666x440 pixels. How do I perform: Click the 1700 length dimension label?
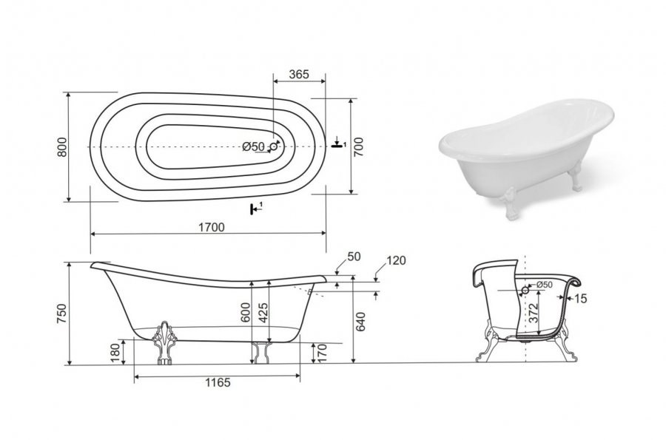(x=212, y=227)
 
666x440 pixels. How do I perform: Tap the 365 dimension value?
(x=299, y=74)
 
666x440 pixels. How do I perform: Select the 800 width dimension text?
(x=62, y=147)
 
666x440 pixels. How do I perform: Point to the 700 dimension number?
(x=359, y=147)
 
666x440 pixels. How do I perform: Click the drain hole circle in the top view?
(x=274, y=147)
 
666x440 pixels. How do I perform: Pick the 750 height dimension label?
(x=62, y=314)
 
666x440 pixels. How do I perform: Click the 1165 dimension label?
(x=218, y=382)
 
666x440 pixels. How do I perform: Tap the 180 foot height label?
(x=115, y=353)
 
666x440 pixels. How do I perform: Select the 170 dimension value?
(x=322, y=353)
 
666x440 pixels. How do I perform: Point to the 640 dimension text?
(x=360, y=322)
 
